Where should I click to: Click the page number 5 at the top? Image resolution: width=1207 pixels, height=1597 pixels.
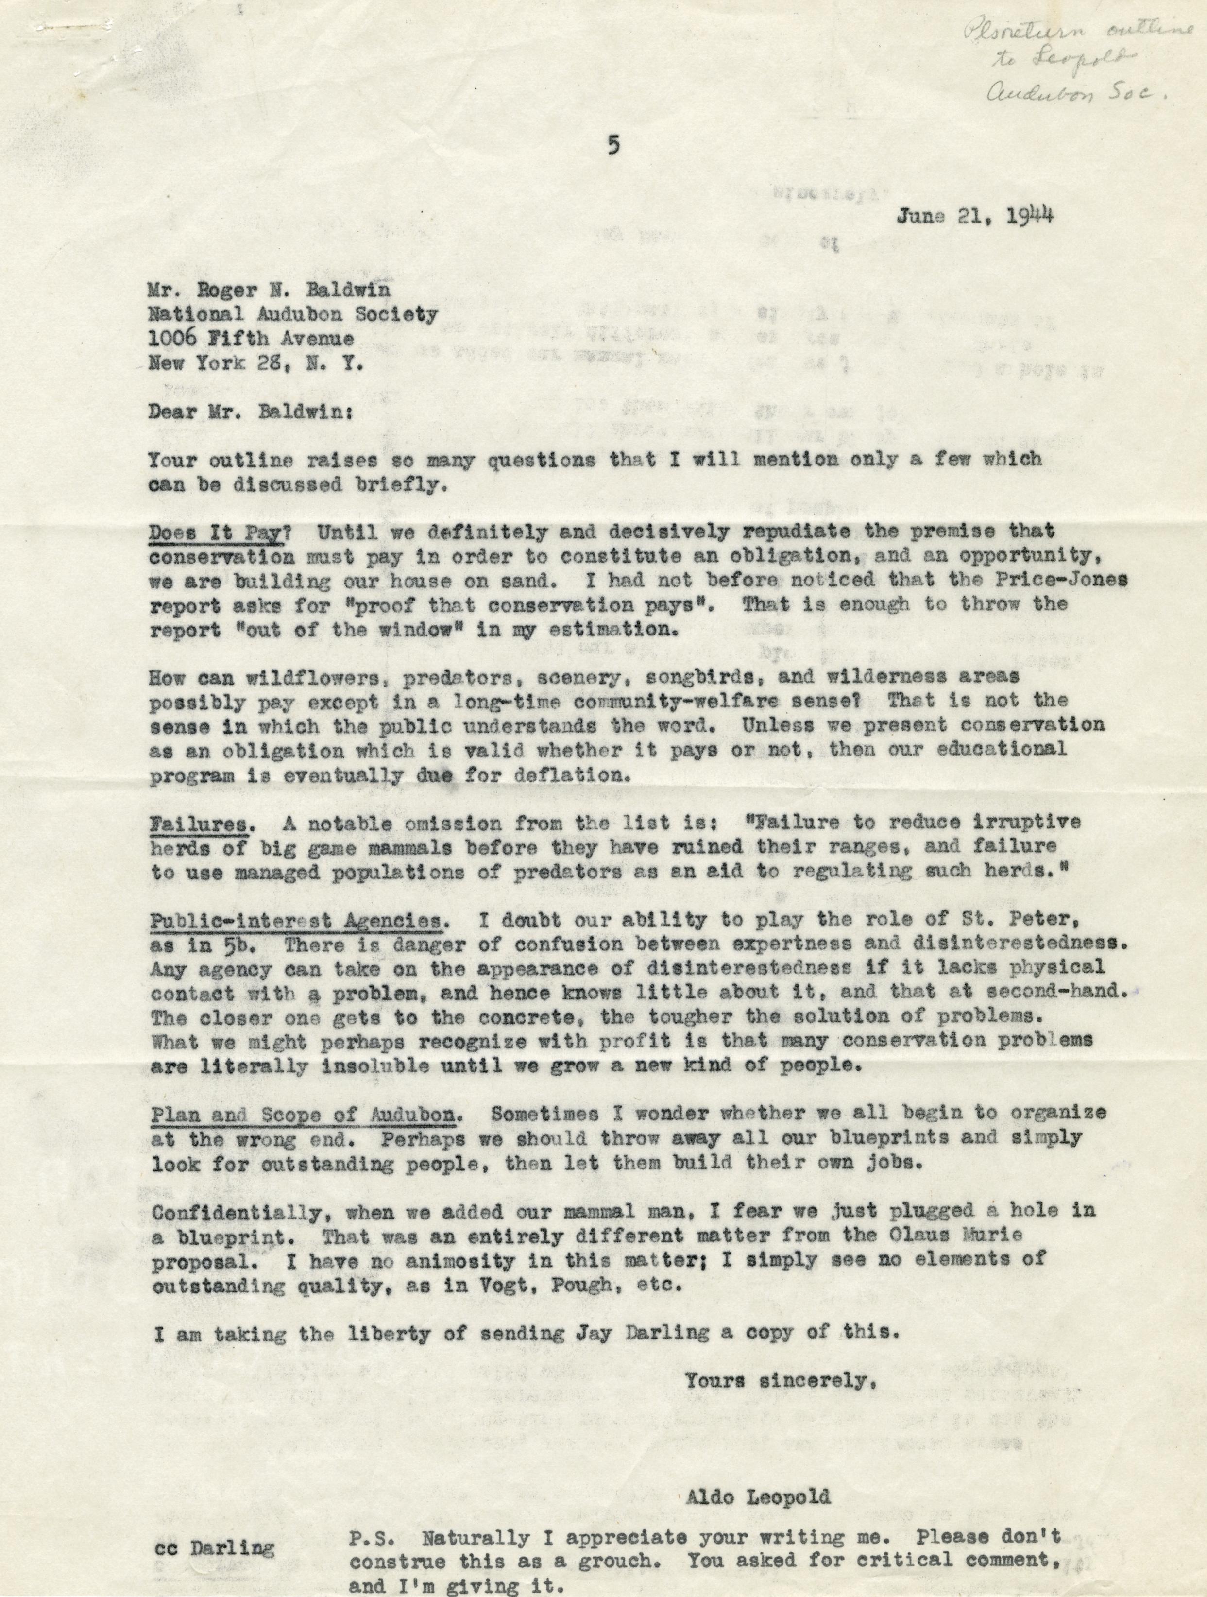tap(613, 145)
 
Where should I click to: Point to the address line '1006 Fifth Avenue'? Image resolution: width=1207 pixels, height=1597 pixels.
tap(251, 339)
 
